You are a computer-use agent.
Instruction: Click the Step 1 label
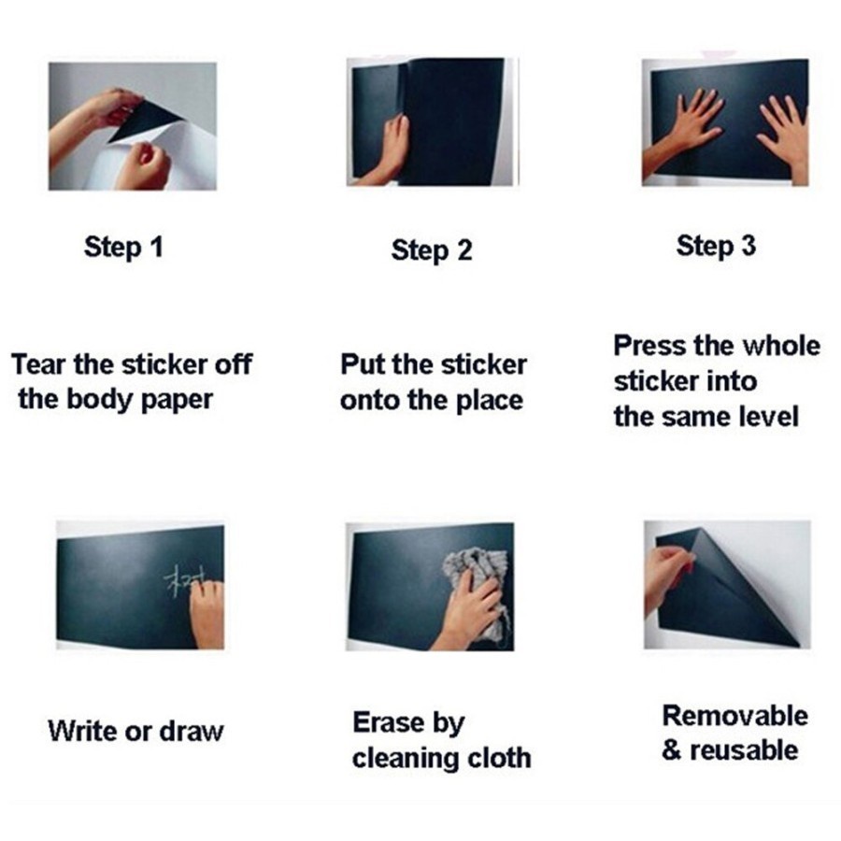(x=123, y=248)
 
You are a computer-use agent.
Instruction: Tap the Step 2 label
(x=431, y=250)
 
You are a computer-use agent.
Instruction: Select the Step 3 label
(x=716, y=246)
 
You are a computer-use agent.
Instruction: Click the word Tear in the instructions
(x=37, y=364)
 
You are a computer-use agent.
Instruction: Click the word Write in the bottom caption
(x=80, y=730)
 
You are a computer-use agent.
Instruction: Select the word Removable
(x=734, y=716)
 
